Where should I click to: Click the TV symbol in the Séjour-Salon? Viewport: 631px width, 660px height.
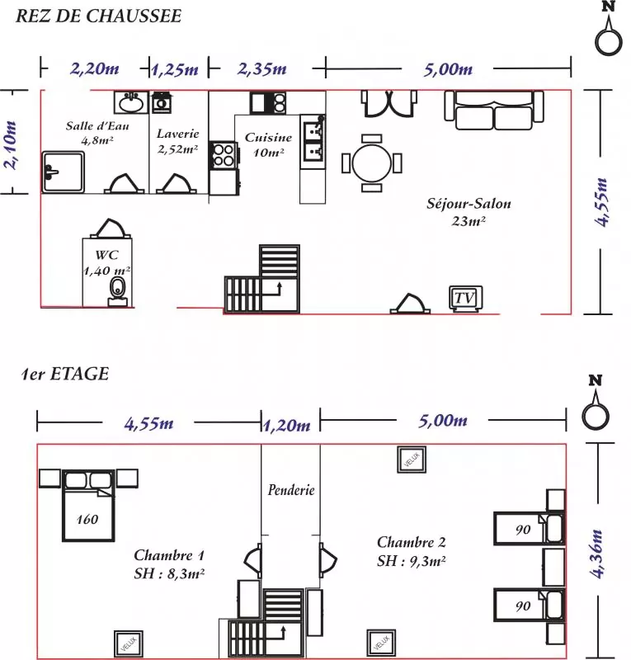point(465,299)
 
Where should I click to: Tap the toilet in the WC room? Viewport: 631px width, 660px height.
point(117,291)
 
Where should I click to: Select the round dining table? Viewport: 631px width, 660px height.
point(372,163)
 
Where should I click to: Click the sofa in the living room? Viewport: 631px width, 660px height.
point(494,110)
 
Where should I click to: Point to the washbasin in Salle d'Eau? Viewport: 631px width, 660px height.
point(131,102)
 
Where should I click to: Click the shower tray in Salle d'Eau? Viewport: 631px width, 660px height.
point(64,172)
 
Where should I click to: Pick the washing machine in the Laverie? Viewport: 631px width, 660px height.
point(161,102)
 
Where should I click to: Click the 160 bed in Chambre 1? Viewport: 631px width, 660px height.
point(88,505)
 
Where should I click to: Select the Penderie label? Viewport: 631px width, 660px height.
point(291,490)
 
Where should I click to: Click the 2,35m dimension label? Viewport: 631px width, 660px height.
point(261,69)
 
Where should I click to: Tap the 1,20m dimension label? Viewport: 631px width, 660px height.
point(287,426)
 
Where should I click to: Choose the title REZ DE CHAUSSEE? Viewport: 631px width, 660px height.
point(98,16)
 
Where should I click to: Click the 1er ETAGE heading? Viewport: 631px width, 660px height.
point(66,374)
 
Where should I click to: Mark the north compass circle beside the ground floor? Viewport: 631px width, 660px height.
point(609,43)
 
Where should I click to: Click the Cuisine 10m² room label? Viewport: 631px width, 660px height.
point(269,144)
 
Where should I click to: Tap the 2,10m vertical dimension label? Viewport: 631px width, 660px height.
point(10,145)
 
